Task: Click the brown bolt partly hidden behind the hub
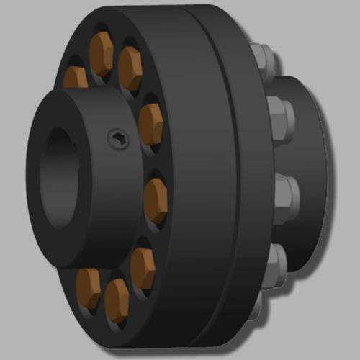(75, 77)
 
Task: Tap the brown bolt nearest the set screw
(150, 122)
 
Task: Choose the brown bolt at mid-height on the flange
(156, 199)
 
